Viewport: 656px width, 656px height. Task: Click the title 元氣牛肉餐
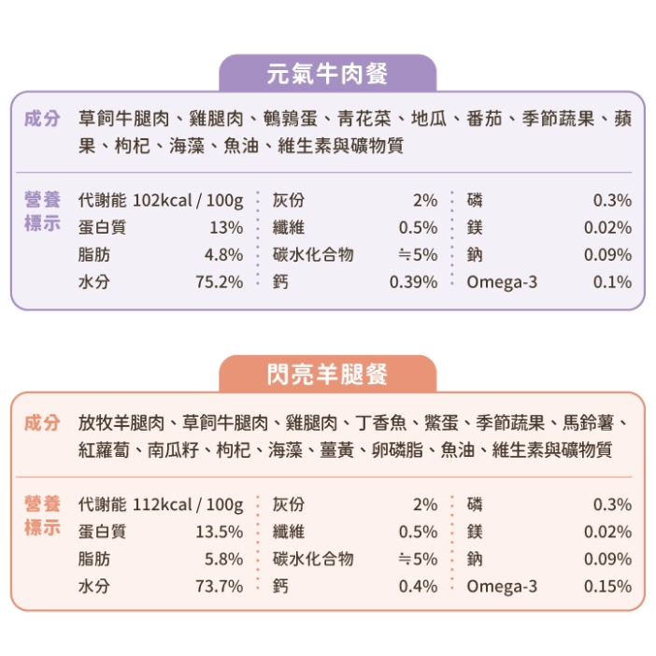click(327, 73)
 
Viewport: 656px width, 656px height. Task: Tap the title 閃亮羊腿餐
click(327, 375)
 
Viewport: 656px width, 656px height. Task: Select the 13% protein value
click(226, 227)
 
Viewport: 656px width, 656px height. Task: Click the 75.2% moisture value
click(219, 281)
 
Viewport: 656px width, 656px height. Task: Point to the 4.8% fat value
click(223, 254)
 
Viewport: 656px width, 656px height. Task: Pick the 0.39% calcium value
click(413, 281)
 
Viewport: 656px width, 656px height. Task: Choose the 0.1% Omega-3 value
click(612, 281)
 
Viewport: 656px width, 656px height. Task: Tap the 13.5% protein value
click(219, 532)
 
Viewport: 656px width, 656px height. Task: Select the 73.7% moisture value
click(219, 586)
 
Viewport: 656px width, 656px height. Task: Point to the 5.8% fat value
click(223, 559)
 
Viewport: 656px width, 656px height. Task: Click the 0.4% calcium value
click(418, 586)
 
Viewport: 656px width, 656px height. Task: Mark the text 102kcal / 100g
click(188, 200)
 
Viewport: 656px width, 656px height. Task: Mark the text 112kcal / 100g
click(188, 505)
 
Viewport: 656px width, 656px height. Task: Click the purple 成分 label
click(43, 120)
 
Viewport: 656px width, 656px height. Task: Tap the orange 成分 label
click(43, 422)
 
